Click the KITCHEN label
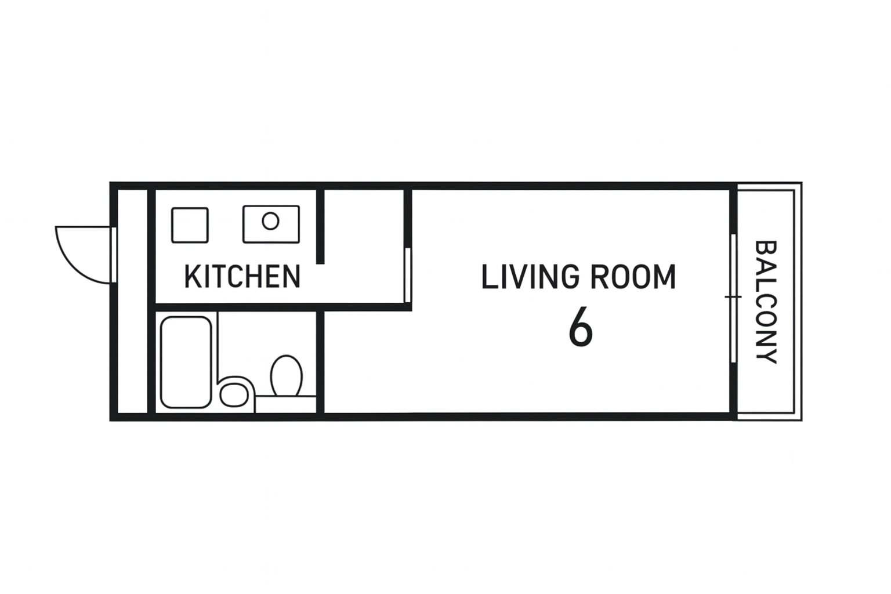242,277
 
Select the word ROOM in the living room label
633,277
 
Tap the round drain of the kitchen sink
270,221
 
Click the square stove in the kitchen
190,225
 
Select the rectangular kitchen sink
271,224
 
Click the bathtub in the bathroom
186,362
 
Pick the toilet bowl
286,375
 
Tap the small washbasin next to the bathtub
234,395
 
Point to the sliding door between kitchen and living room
407,275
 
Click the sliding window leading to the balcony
733,298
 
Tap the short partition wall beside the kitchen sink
320,226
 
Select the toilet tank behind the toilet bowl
285,404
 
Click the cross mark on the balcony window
733,297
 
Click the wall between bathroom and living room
320,362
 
